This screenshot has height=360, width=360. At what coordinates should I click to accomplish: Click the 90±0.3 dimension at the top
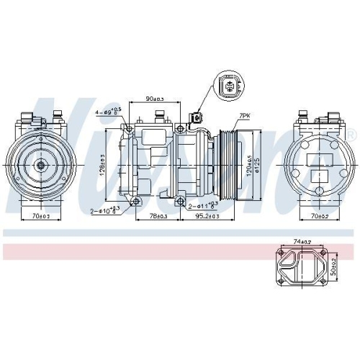155,98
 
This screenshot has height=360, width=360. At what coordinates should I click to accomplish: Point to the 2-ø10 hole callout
106,211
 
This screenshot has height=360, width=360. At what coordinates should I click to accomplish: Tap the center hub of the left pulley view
40,164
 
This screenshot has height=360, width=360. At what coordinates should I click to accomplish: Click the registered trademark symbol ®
351,135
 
